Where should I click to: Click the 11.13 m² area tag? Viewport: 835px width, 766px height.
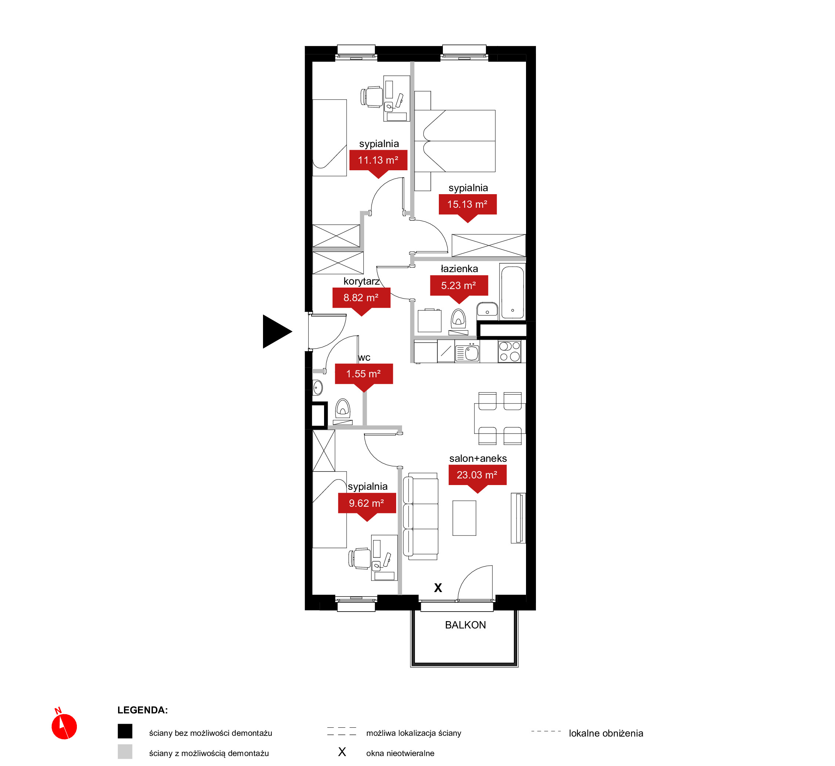tap(378, 162)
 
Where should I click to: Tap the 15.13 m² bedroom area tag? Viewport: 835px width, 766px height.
tap(468, 206)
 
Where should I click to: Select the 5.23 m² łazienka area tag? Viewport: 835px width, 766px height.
tap(459, 287)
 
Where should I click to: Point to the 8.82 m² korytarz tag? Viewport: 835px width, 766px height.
tap(361, 299)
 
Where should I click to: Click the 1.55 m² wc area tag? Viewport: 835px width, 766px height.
tap(363, 375)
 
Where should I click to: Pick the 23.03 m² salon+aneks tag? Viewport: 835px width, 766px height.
tap(477, 477)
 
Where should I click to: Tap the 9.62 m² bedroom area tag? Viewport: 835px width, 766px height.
tap(367, 505)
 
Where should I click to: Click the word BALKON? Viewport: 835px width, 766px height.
tap(465, 625)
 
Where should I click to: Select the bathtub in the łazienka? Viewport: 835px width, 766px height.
tap(512, 292)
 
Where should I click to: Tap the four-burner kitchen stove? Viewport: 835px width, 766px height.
tap(509, 352)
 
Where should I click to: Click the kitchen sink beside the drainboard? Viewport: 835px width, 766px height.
tap(472, 353)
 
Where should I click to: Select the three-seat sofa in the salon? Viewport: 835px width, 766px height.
tap(421, 516)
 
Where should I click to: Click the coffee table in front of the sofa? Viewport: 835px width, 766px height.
tap(464, 518)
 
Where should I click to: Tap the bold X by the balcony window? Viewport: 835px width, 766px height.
tap(438, 588)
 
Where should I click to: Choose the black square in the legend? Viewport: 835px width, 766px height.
tap(125, 731)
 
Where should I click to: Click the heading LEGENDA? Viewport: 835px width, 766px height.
tap(143, 710)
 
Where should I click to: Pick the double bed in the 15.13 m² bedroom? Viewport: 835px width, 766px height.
tap(455, 141)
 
